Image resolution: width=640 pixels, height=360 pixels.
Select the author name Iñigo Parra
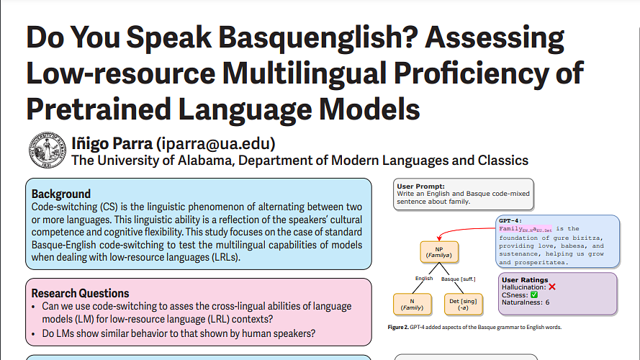(x=111, y=143)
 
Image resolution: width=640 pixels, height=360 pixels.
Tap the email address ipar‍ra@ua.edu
(x=216, y=143)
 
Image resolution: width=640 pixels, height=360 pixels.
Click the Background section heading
(x=61, y=194)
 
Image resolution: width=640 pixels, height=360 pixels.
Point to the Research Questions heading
(x=81, y=293)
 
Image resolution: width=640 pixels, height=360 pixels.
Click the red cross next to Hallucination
(x=552, y=287)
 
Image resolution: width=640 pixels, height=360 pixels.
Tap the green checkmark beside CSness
(x=534, y=294)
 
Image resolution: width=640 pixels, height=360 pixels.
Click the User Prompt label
(x=421, y=186)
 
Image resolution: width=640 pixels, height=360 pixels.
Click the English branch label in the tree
(x=424, y=279)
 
